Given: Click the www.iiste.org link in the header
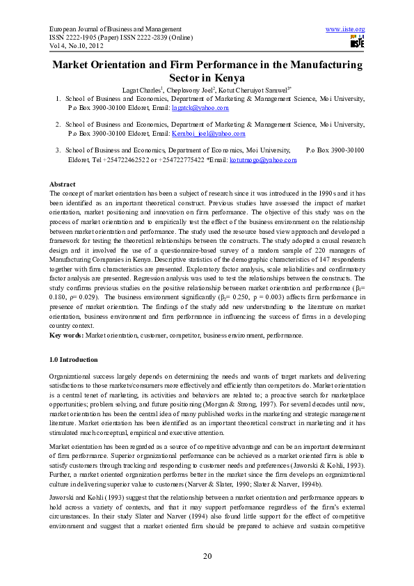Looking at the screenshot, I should pyautogui.click(x=345, y=29).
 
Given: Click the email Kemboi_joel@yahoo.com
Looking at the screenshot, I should pyautogui.click(x=208, y=134).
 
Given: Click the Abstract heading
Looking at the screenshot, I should pyautogui.click(x=63, y=184).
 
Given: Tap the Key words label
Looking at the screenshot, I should pyautogui.click(x=67, y=335).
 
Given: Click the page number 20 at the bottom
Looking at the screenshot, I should pyautogui.click(x=207, y=555).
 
